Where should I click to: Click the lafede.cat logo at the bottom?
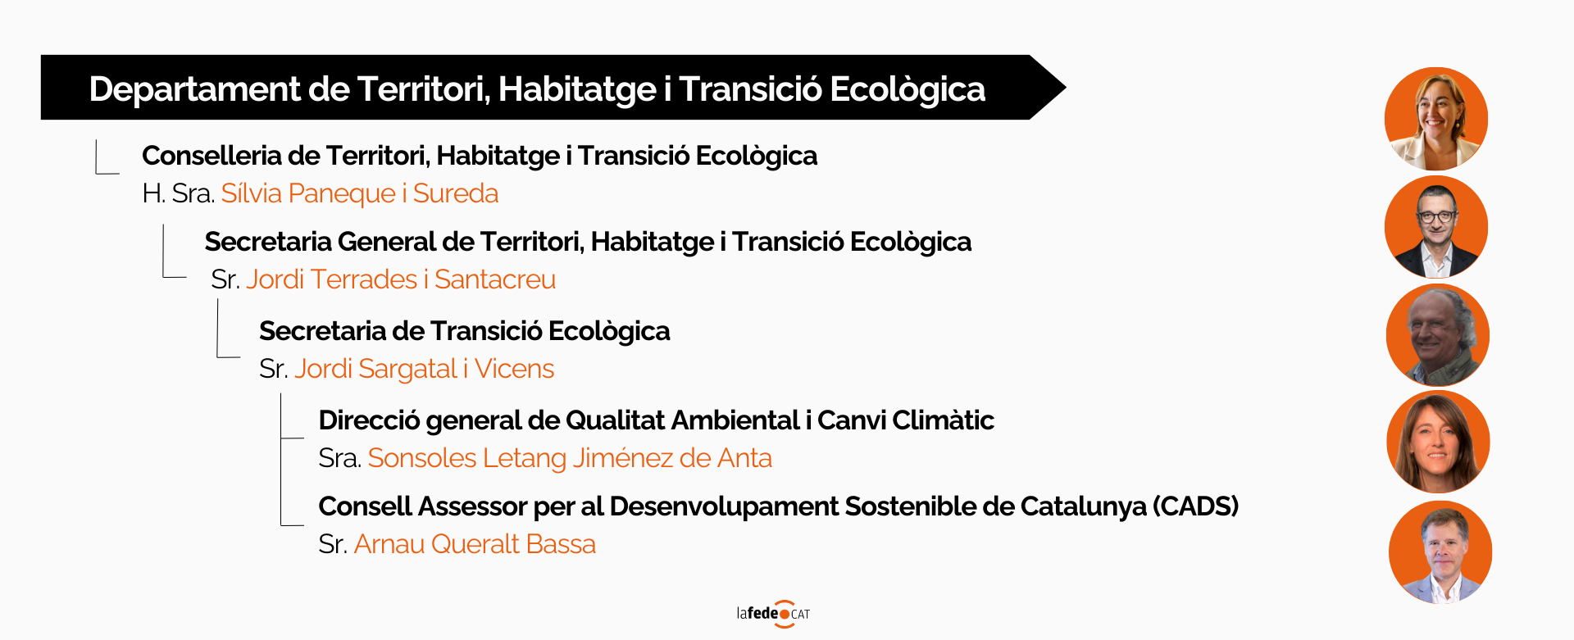(x=773, y=614)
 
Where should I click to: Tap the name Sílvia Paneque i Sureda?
(x=360, y=193)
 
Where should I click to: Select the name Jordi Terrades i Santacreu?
(x=401, y=279)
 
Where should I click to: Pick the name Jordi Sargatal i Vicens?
(x=425, y=369)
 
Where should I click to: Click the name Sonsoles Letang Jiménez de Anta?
(x=570, y=458)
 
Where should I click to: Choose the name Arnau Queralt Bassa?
(x=475, y=544)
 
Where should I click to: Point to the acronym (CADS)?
(x=1195, y=506)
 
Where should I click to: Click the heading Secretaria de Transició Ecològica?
(x=465, y=331)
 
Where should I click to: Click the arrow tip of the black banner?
(x=1065, y=87)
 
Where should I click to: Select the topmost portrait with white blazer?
(x=1436, y=119)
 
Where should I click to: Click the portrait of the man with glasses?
(x=1436, y=227)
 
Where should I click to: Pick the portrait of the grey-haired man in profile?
(x=1438, y=335)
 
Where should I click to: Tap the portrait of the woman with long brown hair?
(x=1438, y=442)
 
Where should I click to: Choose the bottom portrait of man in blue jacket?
(x=1440, y=552)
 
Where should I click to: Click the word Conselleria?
(x=212, y=156)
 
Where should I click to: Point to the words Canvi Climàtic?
(x=906, y=420)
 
